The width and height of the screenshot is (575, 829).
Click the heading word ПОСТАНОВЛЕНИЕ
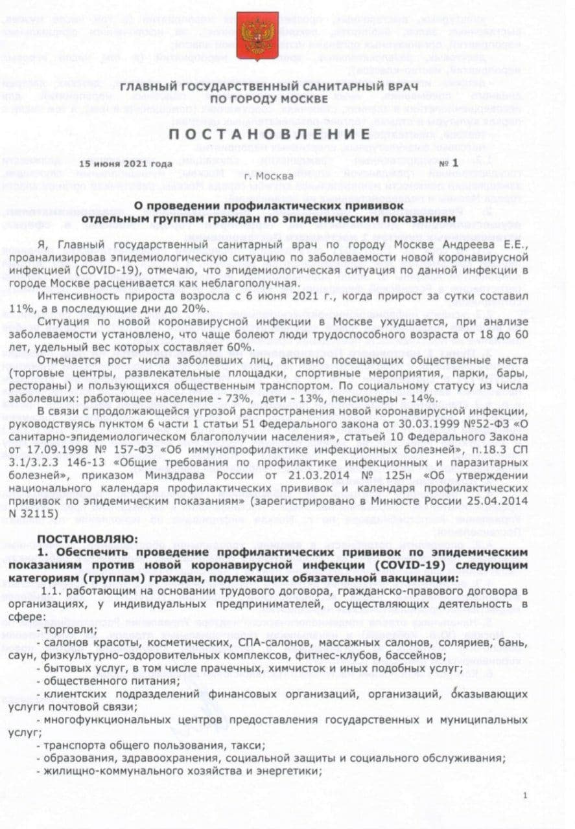[269, 134]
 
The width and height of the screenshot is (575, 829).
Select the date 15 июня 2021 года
[126, 163]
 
